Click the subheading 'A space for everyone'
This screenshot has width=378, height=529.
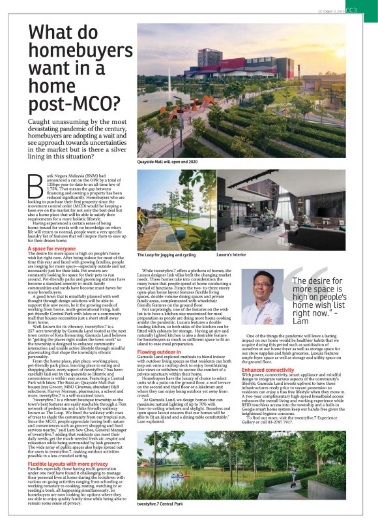51,249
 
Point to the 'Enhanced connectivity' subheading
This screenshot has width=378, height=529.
269,370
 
